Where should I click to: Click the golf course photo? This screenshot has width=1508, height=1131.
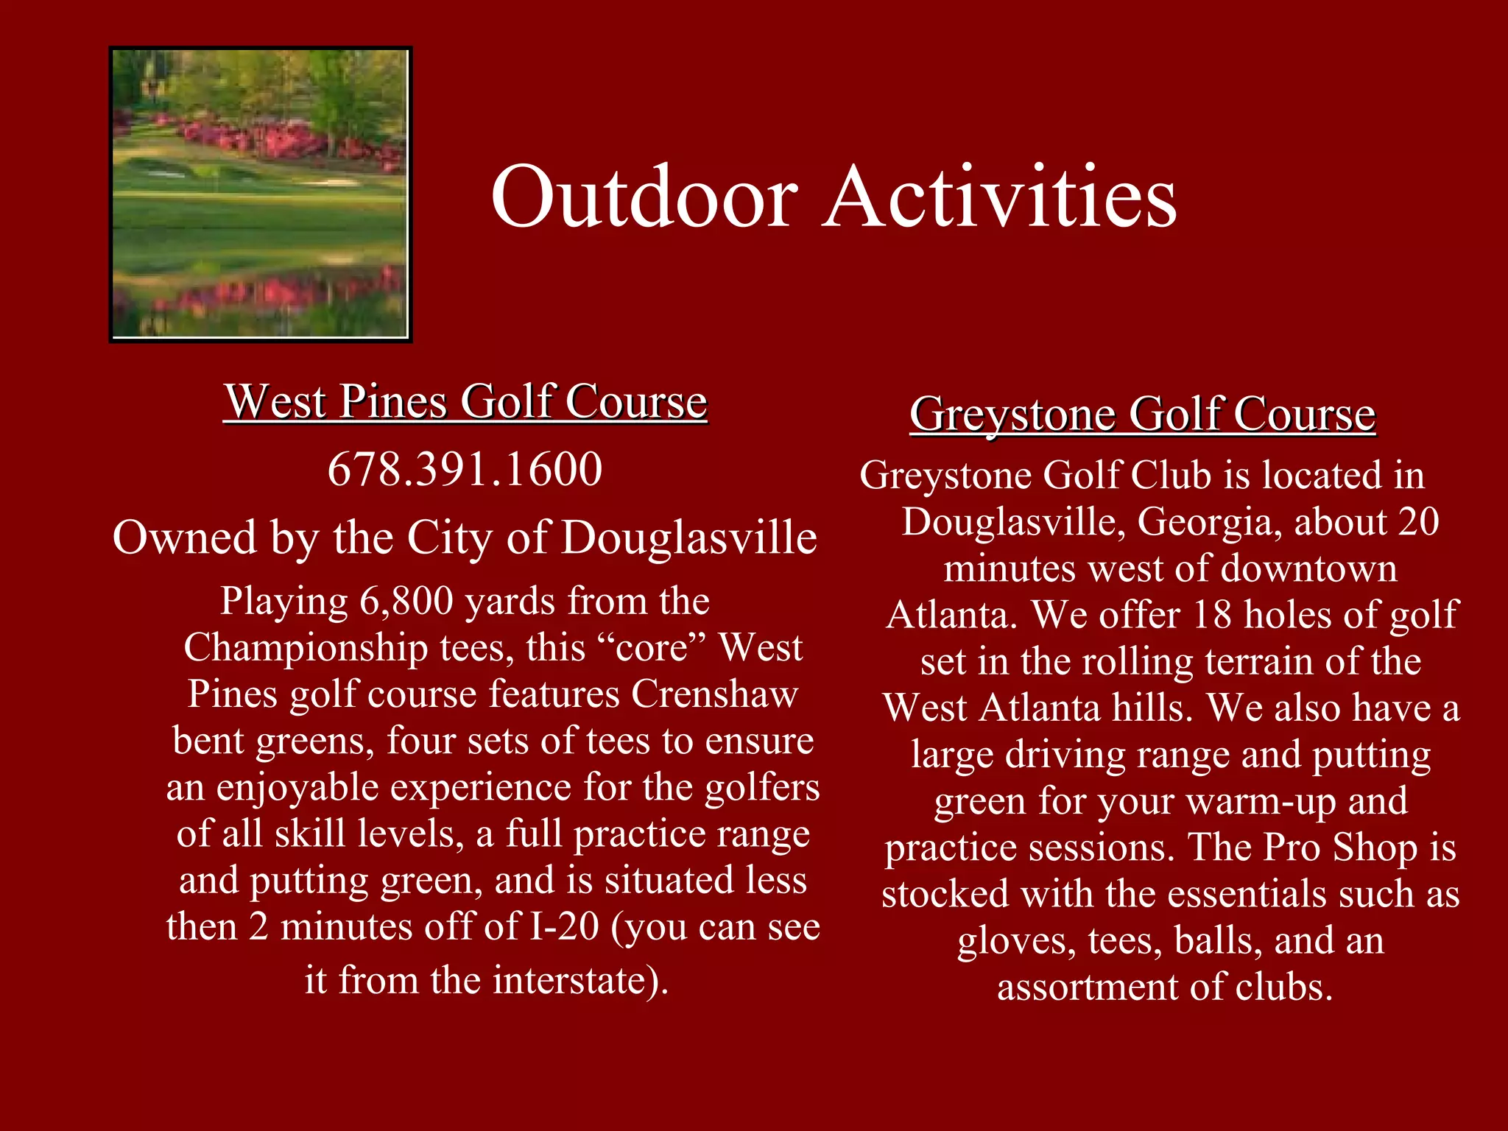point(260,194)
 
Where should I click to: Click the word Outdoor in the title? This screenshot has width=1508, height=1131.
point(644,197)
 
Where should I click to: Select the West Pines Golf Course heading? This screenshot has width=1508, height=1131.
point(465,402)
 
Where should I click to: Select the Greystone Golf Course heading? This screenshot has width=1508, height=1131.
point(1142,415)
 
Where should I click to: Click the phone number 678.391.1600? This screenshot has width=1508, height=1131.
point(465,470)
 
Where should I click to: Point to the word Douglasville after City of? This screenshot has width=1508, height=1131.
point(688,538)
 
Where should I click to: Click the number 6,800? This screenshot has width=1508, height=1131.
point(406,602)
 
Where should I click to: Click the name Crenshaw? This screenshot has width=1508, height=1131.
point(714,694)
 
